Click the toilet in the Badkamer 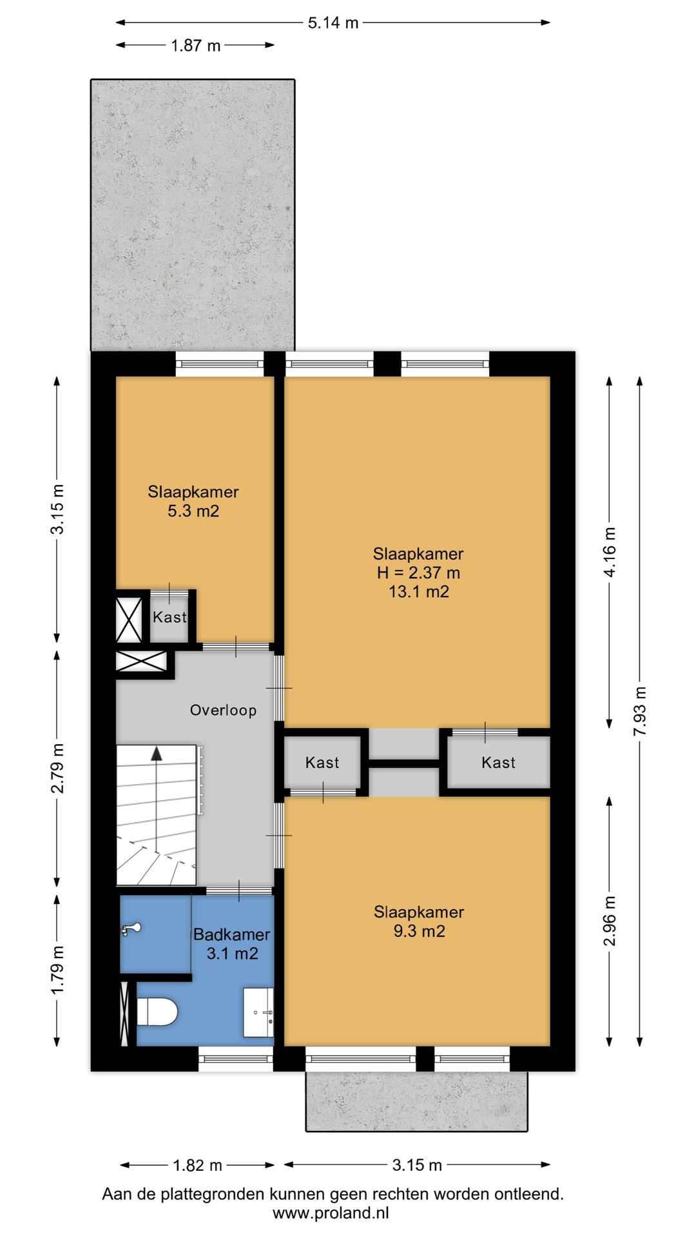(x=157, y=1012)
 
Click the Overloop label (x=223, y=710)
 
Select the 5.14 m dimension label (x=333, y=23)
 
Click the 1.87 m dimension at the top (x=195, y=45)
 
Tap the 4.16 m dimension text (x=610, y=552)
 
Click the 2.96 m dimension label (x=610, y=921)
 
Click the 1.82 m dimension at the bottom (x=197, y=1165)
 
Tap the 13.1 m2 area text (x=419, y=591)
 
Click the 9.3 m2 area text (x=419, y=931)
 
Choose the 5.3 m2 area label (x=193, y=511)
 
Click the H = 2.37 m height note (x=419, y=572)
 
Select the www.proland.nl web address (x=331, y=1213)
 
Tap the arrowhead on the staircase (x=155, y=752)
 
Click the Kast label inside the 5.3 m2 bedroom (x=169, y=617)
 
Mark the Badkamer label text (x=232, y=934)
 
